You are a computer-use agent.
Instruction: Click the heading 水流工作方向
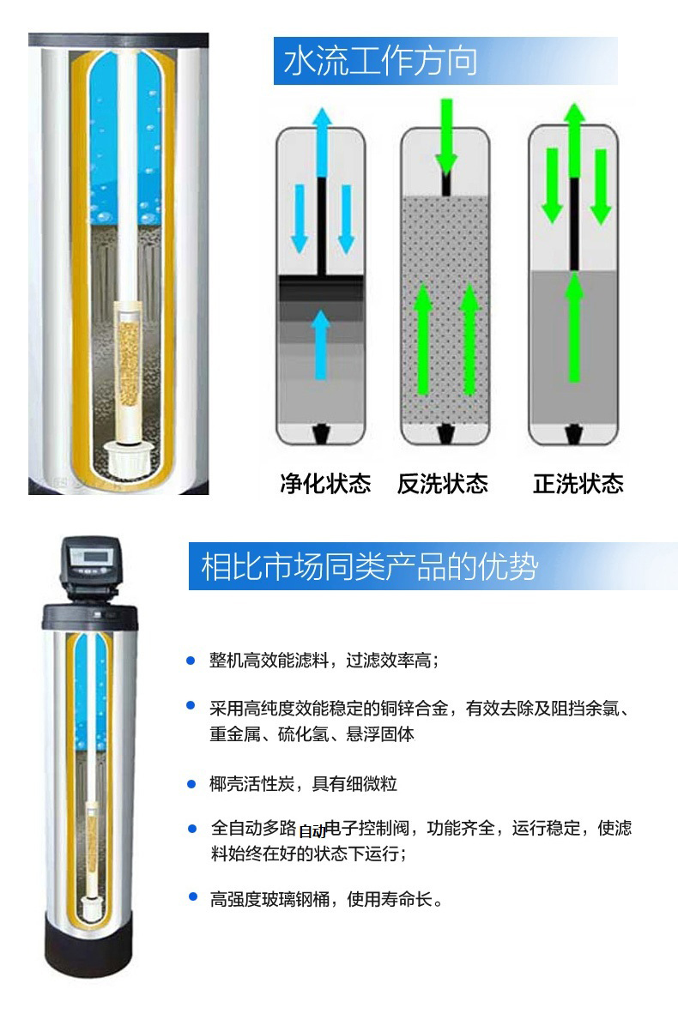click(379, 61)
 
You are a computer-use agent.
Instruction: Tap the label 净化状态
click(325, 484)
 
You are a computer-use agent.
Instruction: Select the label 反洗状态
click(442, 484)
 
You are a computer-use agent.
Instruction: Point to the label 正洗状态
click(578, 484)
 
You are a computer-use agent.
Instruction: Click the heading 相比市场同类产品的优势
click(370, 566)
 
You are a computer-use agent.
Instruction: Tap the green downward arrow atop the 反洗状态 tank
click(446, 136)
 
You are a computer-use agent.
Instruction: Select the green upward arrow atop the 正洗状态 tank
click(575, 140)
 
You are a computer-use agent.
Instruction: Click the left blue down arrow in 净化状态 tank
click(299, 219)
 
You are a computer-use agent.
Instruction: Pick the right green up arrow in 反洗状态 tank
click(469, 340)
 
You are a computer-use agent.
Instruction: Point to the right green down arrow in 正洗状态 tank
click(601, 186)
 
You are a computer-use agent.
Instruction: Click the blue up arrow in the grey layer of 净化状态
click(321, 344)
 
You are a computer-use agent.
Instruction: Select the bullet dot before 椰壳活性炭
click(191, 783)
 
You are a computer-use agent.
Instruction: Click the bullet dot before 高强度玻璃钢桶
click(192, 896)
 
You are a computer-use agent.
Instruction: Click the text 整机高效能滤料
click(269, 661)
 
